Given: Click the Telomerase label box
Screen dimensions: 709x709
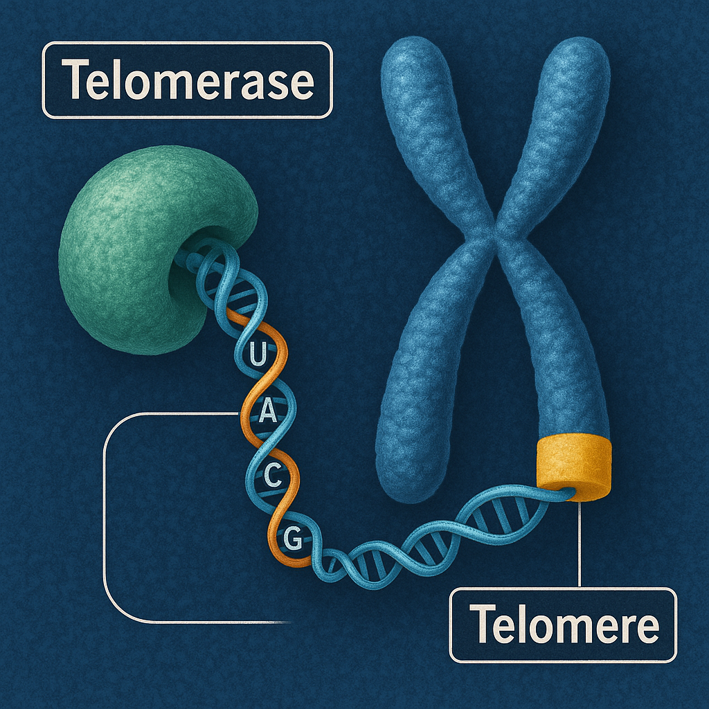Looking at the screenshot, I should [187, 80].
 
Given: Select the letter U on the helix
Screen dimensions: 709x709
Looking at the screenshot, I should [256, 357].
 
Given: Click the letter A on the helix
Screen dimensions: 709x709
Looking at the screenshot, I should [266, 415].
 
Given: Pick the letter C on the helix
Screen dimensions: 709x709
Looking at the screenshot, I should [274, 476].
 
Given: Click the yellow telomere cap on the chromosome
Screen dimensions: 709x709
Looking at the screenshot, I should [574, 467].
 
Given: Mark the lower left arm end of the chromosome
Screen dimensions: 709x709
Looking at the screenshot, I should [409, 471].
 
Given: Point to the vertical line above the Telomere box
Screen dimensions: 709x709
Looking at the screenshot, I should [578, 547].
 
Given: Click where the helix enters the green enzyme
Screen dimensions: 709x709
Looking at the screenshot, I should [186, 257].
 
